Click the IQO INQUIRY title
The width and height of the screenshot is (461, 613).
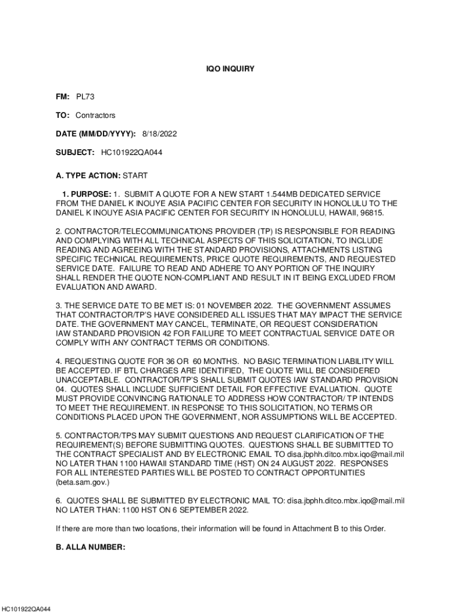230,69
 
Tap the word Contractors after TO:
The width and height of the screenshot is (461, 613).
95,115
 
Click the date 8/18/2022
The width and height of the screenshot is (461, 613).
159,133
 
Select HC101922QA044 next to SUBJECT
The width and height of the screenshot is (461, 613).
128,152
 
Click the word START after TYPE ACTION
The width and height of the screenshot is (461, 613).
135,175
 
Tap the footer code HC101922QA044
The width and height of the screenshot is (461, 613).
26,609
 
